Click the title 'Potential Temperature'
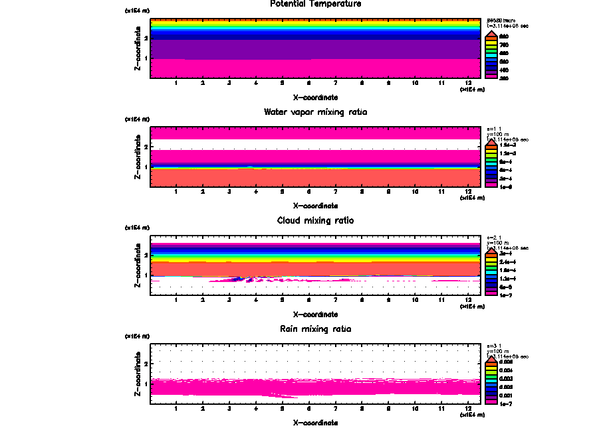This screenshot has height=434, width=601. tap(316, 4)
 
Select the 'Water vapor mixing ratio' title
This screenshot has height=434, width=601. tap(316, 112)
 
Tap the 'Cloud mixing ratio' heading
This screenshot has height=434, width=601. tap(316, 220)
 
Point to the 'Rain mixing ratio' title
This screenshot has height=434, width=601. tap(316, 329)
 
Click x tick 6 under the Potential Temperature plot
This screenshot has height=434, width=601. tap(308, 83)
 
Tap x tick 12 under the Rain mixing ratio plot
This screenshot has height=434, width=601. tap(468, 408)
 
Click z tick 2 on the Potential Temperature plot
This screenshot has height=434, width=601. tap(145, 38)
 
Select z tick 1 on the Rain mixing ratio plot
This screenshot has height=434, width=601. tap(145, 384)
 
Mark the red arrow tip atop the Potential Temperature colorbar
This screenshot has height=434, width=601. tap(491, 32)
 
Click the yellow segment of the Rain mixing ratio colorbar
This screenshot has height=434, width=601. tap(491, 370)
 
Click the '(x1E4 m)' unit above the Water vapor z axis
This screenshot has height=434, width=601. tap(138, 119)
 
